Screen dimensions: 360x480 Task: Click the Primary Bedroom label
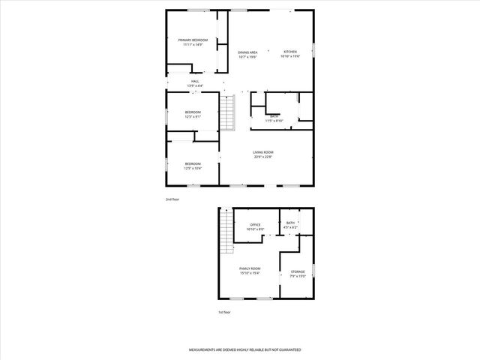[x=193, y=40]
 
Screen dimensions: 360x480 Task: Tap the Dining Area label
[x=248, y=52]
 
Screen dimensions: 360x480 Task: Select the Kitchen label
[x=289, y=52]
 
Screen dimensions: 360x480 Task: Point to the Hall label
[x=195, y=81]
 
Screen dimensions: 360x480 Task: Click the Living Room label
[x=262, y=152]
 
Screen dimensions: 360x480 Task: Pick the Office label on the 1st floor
[x=255, y=224]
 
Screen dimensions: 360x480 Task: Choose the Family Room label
[x=250, y=268]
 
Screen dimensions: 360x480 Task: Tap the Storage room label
[x=298, y=271]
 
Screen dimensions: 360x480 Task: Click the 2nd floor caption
[x=172, y=199]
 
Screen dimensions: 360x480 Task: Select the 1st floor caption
[x=224, y=312]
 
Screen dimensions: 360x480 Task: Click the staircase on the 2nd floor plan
[x=228, y=112]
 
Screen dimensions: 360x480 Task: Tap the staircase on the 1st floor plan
[x=225, y=232]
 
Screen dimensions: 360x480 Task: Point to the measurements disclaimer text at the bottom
[x=244, y=349]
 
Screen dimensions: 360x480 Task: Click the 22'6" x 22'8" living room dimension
[x=262, y=157]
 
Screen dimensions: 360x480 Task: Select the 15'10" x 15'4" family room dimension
[x=250, y=272]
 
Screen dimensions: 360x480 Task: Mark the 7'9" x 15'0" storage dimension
[x=298, y=276]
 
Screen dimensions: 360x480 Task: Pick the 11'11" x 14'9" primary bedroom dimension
[x=193, y=44]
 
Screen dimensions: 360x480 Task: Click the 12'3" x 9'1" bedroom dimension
[x=193, y=117]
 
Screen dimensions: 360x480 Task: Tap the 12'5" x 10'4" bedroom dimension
[x=193, y=168]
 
